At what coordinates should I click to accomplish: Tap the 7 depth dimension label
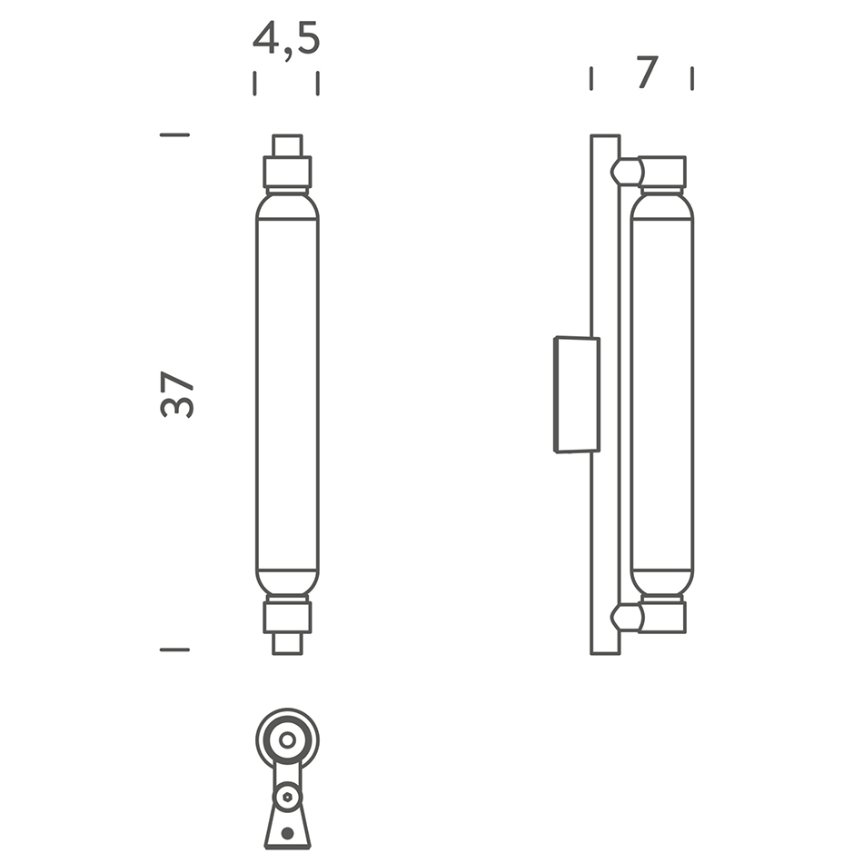click(648, 72)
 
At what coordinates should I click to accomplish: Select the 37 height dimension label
click(177, 394)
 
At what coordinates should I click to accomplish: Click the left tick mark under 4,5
click(254, 84)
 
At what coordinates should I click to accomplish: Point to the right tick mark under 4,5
click(318, 84)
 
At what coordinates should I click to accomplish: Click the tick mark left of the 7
click(591, 78)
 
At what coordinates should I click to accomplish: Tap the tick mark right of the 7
click(692, 78)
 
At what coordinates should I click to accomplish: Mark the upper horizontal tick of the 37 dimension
click(174, 134)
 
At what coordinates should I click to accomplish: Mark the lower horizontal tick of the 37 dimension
click(174, 650)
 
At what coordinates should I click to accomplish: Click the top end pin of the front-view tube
click(287, 146)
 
